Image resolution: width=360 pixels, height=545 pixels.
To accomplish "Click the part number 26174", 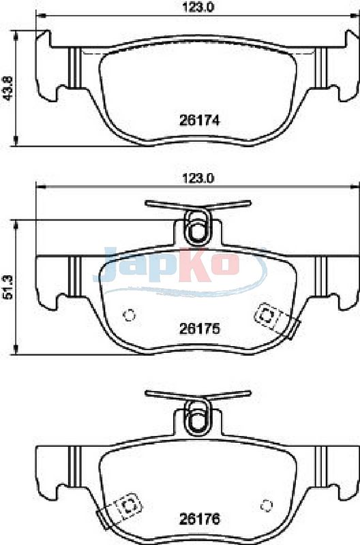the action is (x=199, y=121).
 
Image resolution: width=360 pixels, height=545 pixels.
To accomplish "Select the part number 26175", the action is (x=199, y=328).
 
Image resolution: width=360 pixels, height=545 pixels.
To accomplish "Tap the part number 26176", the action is (x=199, y=519).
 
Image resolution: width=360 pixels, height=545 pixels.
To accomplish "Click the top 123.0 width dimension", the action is (x=198, y=6).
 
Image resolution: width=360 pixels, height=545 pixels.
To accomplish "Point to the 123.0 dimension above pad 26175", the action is (x=198, y=178).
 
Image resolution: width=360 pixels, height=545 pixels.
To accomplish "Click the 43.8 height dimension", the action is (x=7, y=89).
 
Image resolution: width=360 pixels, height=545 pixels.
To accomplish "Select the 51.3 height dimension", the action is (x=7, y=287).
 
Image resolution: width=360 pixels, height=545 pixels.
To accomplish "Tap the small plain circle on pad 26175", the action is (x=130, y=315).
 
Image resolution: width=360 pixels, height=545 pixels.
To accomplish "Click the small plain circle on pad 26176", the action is (x=267, y=505).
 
